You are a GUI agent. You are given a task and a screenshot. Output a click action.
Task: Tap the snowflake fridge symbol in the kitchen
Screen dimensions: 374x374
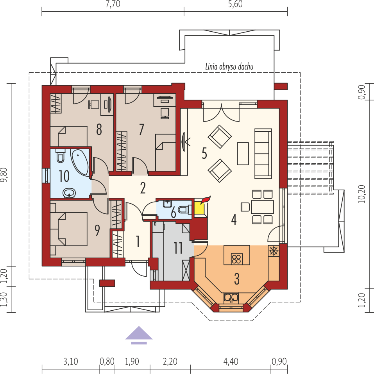click(274, 251)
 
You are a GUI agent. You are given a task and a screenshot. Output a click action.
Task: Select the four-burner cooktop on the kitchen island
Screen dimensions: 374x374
click(236, 259)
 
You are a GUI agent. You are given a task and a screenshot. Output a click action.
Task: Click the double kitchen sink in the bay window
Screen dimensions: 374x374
click(231, 298)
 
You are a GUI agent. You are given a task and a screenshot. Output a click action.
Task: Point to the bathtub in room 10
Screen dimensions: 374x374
click(80, 162)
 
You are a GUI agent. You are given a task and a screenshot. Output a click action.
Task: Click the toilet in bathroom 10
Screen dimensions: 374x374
click(60, 156)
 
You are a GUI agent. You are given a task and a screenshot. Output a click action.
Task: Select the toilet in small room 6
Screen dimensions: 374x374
click(185, 209)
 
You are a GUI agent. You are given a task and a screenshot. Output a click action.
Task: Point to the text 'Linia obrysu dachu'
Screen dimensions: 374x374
click(229, 66)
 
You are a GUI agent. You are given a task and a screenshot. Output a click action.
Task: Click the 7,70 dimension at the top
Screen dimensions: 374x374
click(113, 4)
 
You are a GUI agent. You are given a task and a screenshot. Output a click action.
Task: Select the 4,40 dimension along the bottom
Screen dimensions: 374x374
click(231, 361)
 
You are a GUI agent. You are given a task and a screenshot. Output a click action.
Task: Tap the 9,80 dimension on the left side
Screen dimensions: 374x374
click(4, 175)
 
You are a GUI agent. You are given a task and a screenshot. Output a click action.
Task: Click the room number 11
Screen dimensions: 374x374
click(178, 248)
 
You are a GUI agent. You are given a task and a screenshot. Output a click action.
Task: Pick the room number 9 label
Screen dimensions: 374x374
click(97, 230)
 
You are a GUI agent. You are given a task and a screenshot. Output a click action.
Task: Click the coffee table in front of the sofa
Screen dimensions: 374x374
click(243, 154)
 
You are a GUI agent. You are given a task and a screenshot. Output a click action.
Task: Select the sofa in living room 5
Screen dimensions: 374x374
click(263, 154)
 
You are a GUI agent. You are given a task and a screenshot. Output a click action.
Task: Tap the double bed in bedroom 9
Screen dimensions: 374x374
click(69, 229)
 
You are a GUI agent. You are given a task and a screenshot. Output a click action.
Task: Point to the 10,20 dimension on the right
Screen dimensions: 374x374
click(362, 194)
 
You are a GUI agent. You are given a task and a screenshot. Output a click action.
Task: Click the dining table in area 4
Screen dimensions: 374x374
click(262, 207)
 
